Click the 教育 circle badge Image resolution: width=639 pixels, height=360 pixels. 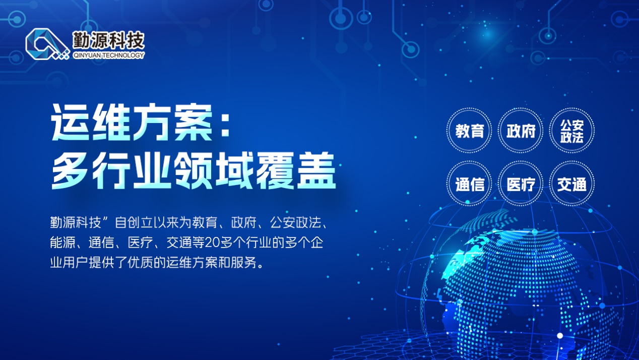[x=469, y=131]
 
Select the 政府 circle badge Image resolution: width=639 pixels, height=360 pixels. [x=521, y=131]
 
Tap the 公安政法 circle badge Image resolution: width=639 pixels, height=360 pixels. [x=572, y=131]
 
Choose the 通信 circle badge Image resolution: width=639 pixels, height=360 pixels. [x=469, y=184]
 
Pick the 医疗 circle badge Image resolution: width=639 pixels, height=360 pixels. [x=521, y=184]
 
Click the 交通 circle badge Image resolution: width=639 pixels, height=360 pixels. [x=572, y=184]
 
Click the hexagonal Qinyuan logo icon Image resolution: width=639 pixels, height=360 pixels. [x=47, y=44]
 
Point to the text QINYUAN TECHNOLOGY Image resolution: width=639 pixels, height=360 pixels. [x=109, y=55]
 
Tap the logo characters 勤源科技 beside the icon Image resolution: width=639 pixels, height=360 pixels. [x=108, y=40]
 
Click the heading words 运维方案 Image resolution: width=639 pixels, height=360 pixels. [x=132, y=122]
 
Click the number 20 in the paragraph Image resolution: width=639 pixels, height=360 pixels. [x=212, y=243]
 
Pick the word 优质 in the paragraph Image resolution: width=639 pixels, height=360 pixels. [x=141, y=262]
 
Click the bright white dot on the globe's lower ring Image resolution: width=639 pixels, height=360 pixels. [x=560, y=336]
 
